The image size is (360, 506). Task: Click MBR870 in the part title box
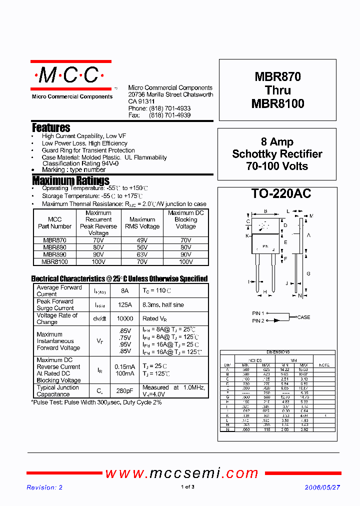[278, 77]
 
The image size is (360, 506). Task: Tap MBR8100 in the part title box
[278, 103]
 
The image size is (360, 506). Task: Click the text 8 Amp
[277, 142]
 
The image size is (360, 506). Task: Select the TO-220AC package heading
[274, 194]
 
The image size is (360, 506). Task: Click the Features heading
[51, 128]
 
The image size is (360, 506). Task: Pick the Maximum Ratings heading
[70, 180]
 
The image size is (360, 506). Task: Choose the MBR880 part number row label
[54, 247]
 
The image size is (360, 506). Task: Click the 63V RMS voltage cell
[142, 254]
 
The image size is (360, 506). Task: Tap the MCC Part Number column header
[54, 223]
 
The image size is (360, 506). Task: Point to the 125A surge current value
[125, 304]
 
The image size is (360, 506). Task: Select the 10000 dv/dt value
[125, 318]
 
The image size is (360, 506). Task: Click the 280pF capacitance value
[125, 390]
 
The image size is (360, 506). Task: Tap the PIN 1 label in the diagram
[258, 313]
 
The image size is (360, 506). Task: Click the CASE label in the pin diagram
[303, 317]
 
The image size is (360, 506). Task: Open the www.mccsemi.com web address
[181, 473]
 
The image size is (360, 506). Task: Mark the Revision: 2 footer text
[44, 487]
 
